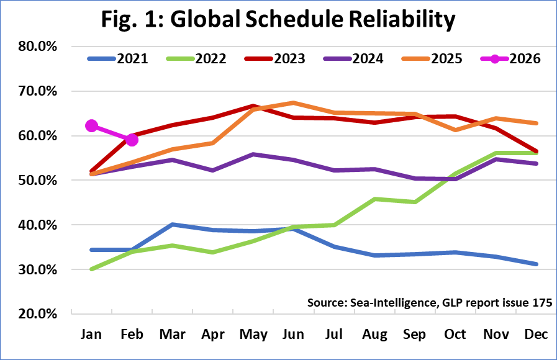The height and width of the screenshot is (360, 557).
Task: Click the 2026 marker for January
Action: click(92, 126)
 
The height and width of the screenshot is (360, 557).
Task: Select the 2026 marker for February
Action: click(132, 140)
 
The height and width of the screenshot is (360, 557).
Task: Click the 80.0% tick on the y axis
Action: click(40, 47)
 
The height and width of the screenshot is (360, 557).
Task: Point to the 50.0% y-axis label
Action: click(40, 181)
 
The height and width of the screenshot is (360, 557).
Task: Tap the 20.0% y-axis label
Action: click(40, 314)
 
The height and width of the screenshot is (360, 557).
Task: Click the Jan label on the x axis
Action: click(92, 335)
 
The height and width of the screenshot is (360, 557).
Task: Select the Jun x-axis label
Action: click(293, 335)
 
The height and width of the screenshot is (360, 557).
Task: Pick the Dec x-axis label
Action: click(536, 335)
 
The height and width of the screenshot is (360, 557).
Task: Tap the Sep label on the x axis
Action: click(415, 335)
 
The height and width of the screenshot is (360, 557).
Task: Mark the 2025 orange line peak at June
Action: click(293, 102)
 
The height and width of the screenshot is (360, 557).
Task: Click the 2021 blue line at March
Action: click(172, 225)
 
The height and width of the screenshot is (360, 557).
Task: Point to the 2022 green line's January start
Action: click(92, 269)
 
